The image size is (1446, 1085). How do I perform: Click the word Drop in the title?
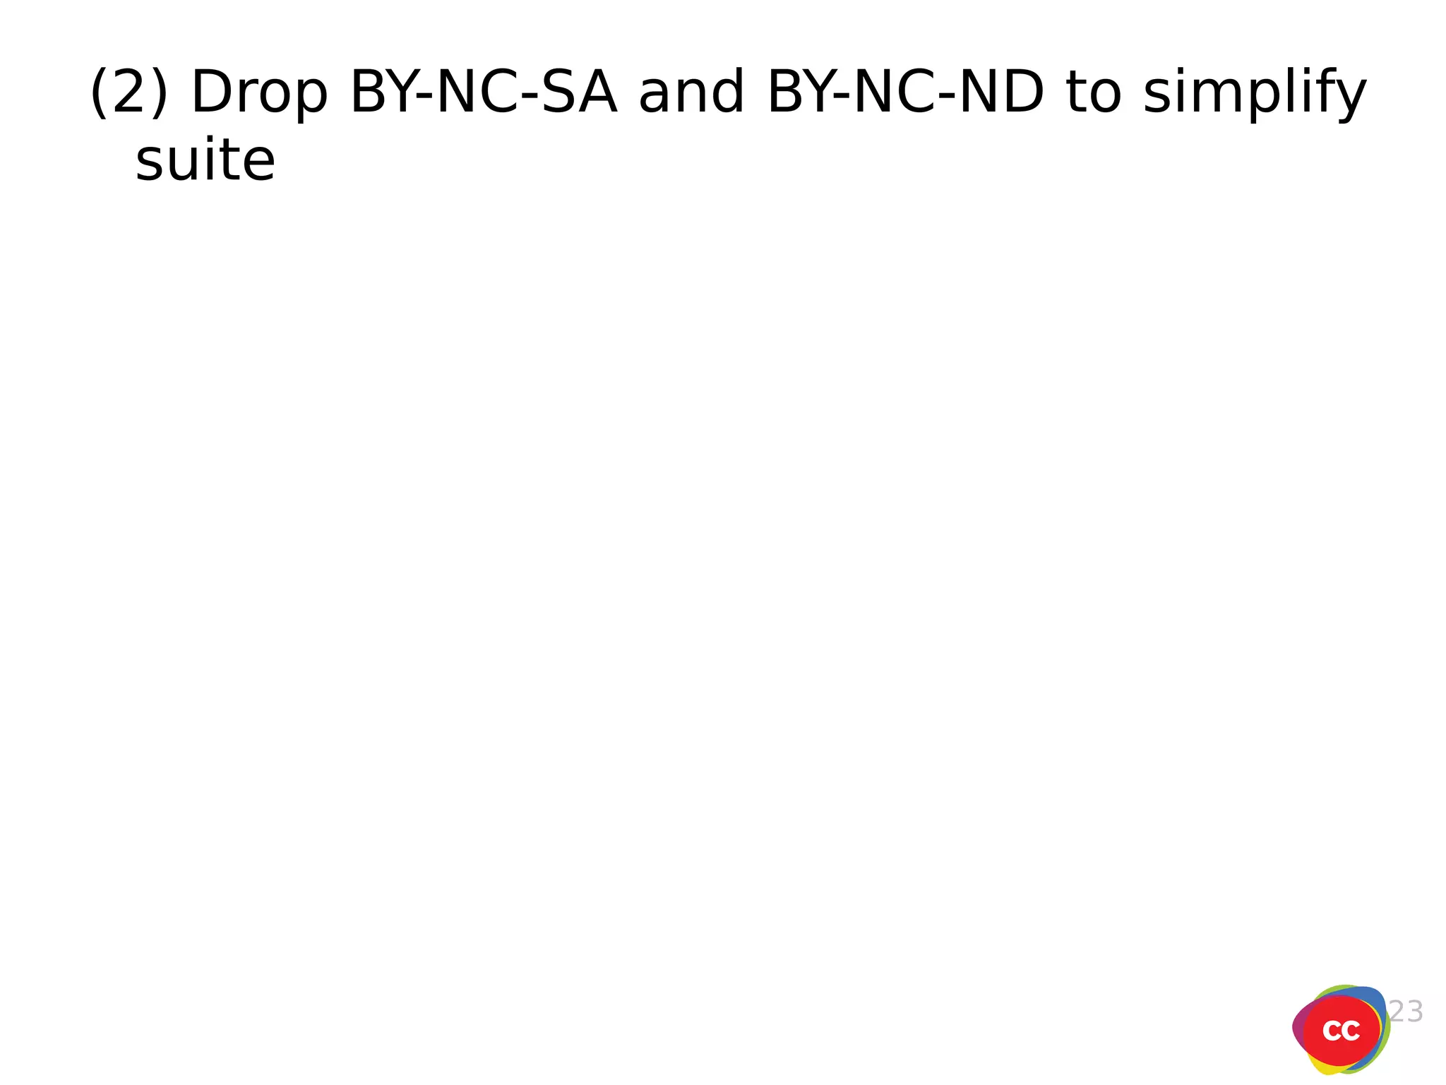tap(259, 92)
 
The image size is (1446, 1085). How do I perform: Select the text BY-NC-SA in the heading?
tap(484, 92)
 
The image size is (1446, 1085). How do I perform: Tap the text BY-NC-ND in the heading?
tap(905, 92)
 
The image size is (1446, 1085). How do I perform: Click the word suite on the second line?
tap(205, 160)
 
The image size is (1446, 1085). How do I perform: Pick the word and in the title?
tap(691, 92)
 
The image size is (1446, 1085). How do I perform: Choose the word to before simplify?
tap(1094, 92)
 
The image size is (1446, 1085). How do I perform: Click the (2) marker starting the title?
tap(129, 92)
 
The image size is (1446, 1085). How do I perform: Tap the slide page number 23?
tap(1406, 1012)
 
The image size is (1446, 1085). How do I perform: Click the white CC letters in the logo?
tap(1341, 1031)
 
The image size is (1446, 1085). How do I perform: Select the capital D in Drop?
tap(208, 92)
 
